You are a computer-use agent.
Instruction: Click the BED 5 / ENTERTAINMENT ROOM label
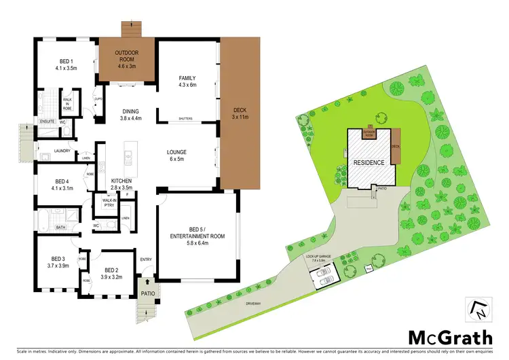pyautogui.click(x=197, y=240)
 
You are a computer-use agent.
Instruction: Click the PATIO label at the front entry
pyautogui.click(x=148, y=293)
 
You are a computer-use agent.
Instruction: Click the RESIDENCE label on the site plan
pyautogui.click(x=368, y=163)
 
